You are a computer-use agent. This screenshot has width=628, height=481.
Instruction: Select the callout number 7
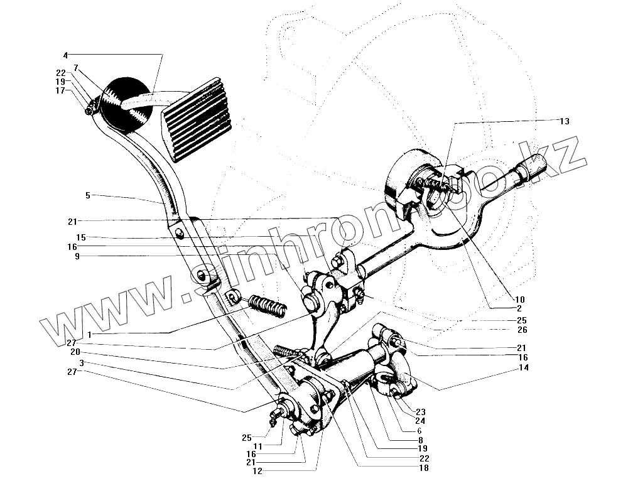click(x=76, y=67)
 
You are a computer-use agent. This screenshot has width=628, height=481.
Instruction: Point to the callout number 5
click(x=89, y=195)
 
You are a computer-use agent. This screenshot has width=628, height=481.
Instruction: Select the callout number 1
click(x=90, y=334)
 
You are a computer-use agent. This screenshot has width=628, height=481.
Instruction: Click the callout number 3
click(x=82, y=363)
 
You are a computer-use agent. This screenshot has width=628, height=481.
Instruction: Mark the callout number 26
click(x=522, y=330)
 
